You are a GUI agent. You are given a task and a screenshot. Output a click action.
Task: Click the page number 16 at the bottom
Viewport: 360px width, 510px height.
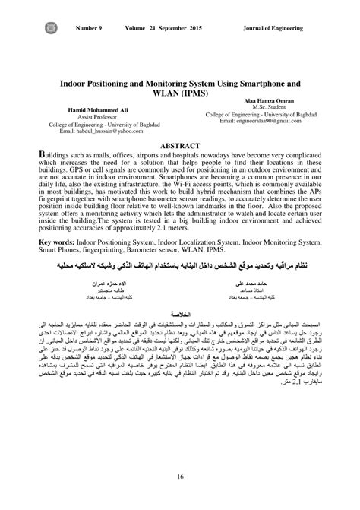(180, 476)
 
